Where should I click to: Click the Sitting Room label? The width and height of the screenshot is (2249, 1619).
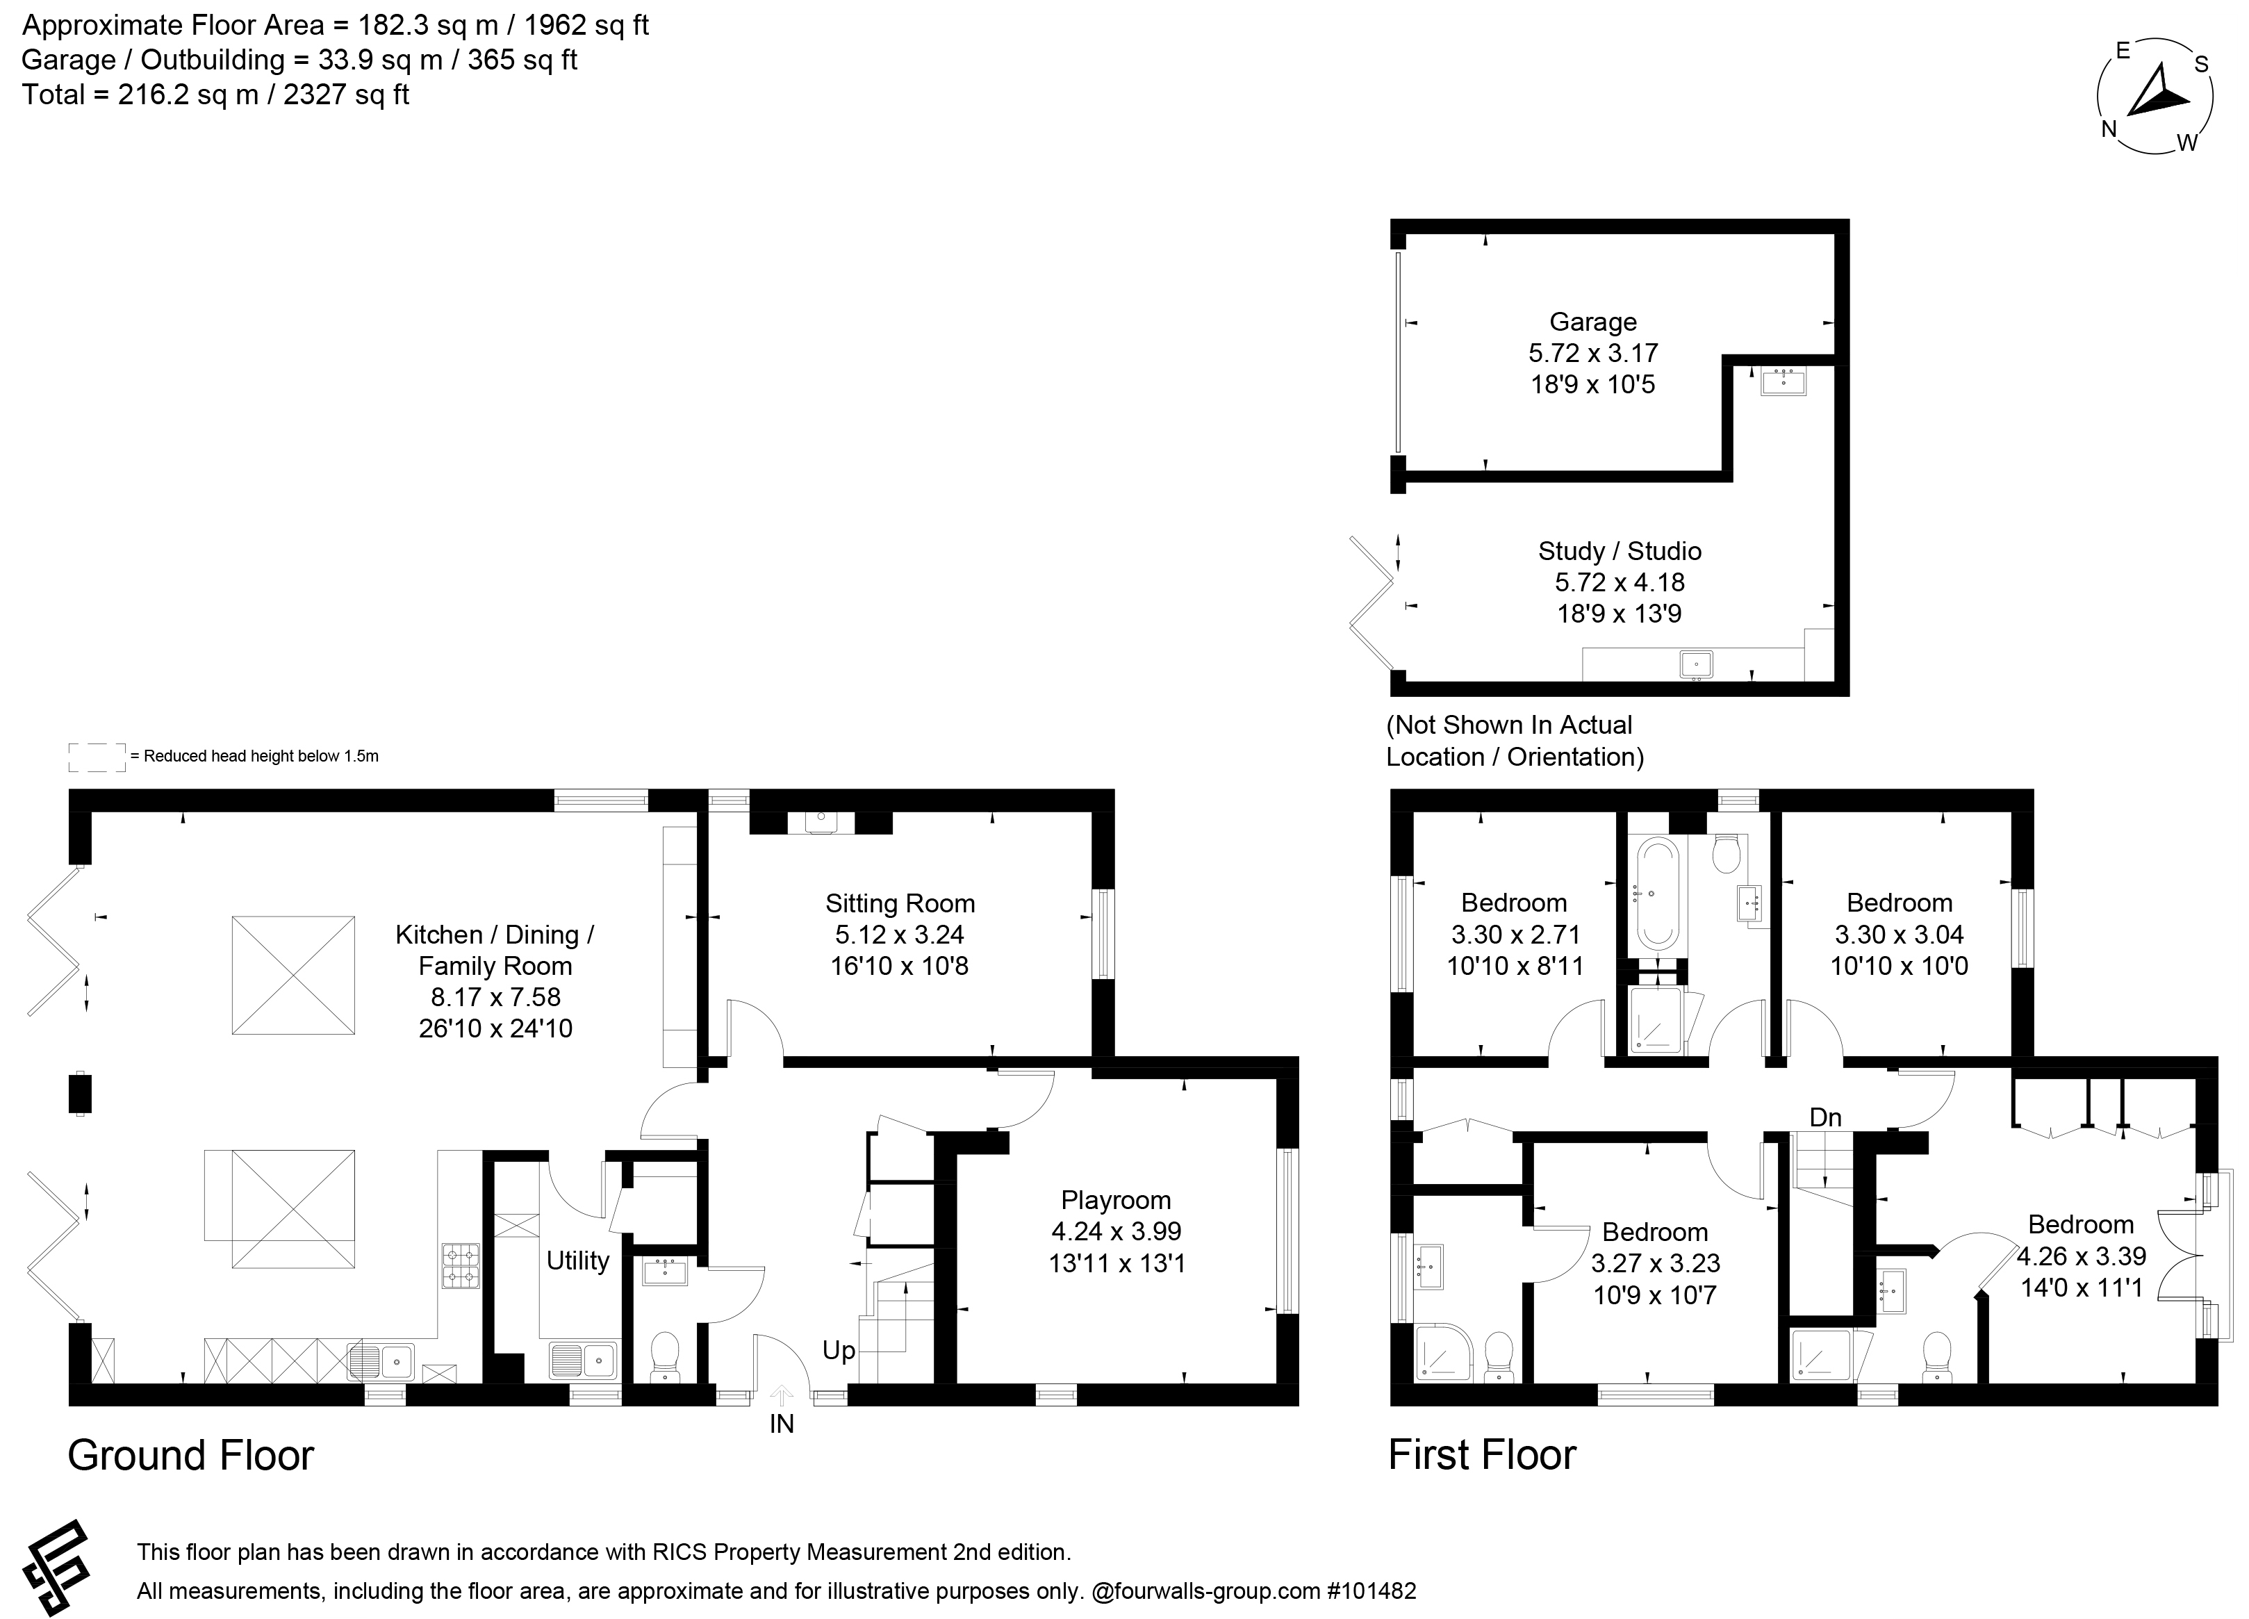[900, 903]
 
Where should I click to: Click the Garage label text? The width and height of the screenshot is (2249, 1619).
[1592, 322]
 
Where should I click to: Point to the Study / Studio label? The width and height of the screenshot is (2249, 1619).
[1620, 551]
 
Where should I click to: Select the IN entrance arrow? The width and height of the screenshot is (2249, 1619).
[782, 1397]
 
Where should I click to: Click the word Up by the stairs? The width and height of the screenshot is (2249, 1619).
[838, 1350]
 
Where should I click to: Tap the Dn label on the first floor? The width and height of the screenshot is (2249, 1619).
[1826, 1117]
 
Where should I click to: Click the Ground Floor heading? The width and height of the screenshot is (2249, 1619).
[190, 1456]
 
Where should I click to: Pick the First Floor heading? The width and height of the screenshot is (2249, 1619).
[1481, 1456]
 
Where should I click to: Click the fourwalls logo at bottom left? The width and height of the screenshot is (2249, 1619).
[56, 1568]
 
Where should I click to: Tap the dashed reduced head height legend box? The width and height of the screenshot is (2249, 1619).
[97, 757]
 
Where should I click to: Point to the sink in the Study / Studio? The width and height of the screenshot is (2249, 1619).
[1696, 664]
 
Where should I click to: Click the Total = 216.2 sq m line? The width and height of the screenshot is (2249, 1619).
[215, 95]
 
